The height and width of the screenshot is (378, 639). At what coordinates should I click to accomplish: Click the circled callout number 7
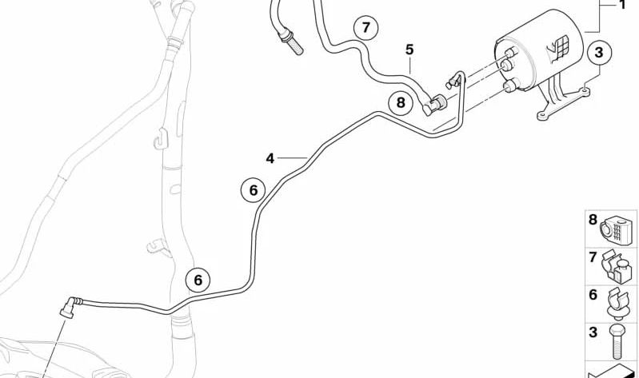pyautogui.click(x=365, y=28)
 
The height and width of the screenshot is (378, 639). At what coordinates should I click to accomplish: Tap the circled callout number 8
pyautogui.click(x=401, y=102)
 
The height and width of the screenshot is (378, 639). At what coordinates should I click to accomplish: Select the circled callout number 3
pyautogui.click(x=599, y=53)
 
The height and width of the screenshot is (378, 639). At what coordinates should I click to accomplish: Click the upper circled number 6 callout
pyautogui.click(x=253, y=190)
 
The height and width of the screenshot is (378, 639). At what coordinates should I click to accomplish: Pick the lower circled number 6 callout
pyautogui.click(x=198, y=280)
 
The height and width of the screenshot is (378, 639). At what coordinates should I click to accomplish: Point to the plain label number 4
pyautogui.click(x=270, y=158)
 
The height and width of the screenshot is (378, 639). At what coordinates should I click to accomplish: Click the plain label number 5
pyautogui.click(x=409, y=50)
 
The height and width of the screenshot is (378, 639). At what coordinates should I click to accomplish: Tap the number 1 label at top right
pyautogui.click(x=622, y=5)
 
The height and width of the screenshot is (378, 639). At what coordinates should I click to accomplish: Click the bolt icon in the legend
pyautogui.click(x=616, y=343)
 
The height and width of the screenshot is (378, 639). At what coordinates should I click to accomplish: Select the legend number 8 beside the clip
pyautogui.click(x=593, y=220)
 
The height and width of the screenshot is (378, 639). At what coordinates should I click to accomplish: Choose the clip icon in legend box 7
pyautogui.click(x=617, y=266)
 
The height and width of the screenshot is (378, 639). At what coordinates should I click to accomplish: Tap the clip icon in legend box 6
pyautogui.click(x=618, y=304)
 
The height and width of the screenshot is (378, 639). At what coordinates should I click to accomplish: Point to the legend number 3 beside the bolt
pyautogui.click(x=593, y=332)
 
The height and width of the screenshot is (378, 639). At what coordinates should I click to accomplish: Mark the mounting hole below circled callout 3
pyautogui.click(x=585, y=90)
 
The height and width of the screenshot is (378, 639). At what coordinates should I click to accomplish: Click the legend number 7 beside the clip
pyautogui.click(x=593, y=257)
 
